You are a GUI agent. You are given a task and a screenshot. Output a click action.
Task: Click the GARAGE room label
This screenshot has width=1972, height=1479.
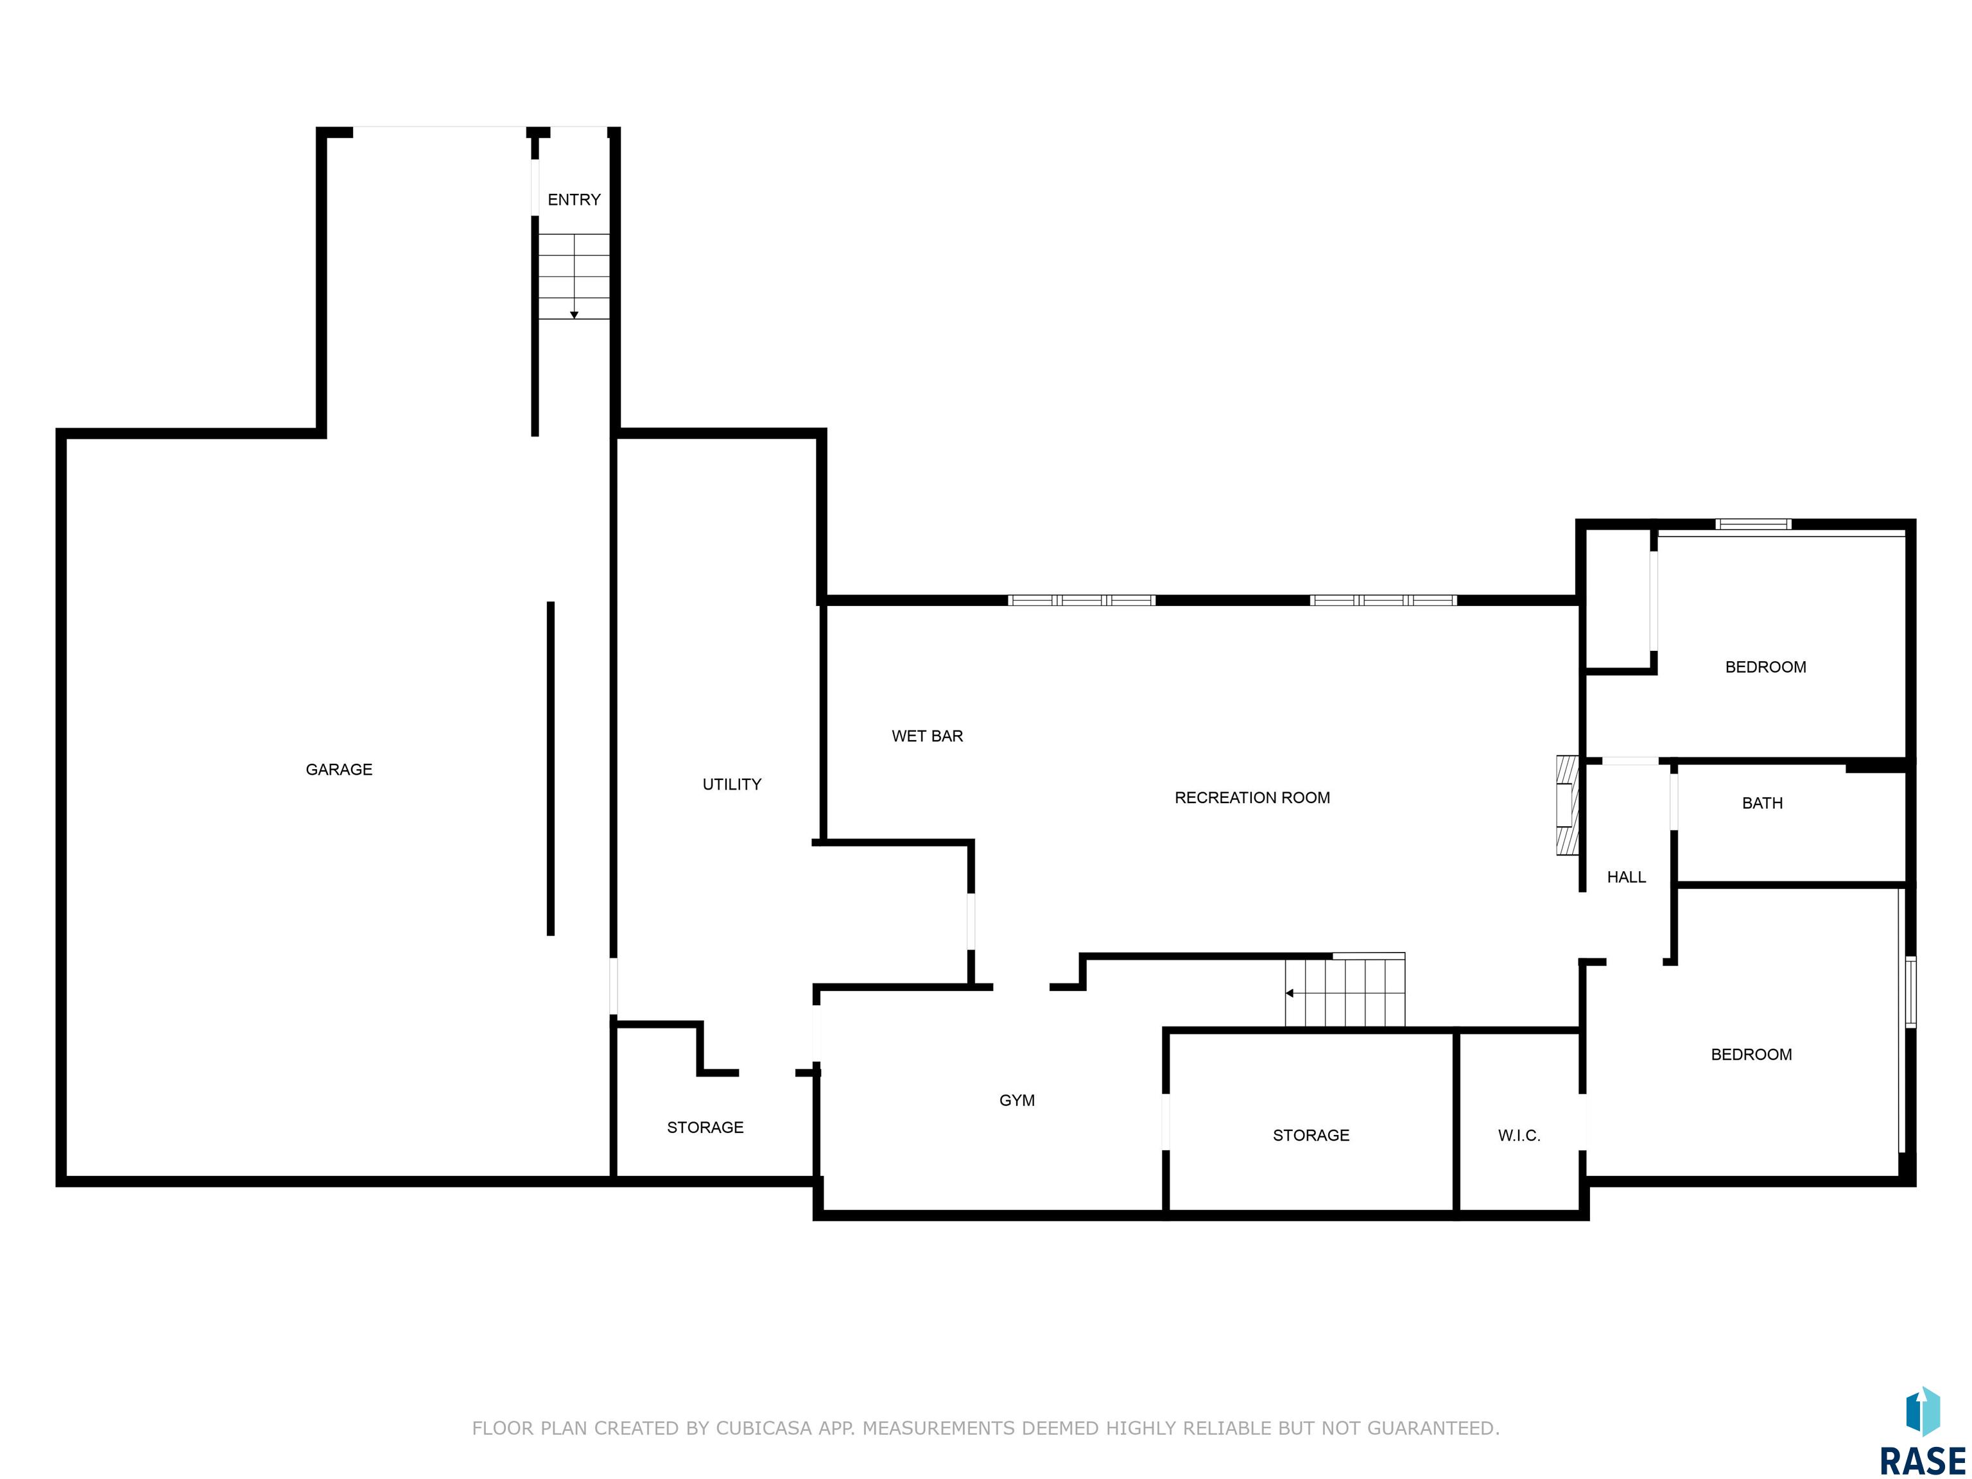339,770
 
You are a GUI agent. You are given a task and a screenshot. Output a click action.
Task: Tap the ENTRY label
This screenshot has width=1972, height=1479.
574,200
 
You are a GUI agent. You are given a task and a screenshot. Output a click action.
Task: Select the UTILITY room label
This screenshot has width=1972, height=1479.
732,784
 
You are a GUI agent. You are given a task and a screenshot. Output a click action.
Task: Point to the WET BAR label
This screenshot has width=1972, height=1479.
927,736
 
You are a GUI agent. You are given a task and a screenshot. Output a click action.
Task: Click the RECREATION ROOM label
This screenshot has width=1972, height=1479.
1252,798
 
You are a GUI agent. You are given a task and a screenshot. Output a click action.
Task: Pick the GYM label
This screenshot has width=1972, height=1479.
1017,1100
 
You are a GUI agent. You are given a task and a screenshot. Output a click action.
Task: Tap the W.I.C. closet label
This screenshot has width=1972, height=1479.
1519,1135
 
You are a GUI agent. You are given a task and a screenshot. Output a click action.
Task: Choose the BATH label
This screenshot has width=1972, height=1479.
1763,803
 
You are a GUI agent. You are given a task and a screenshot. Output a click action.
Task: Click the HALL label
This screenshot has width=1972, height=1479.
1626,878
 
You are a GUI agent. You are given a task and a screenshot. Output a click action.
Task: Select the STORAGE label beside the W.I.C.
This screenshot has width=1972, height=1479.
1311,1135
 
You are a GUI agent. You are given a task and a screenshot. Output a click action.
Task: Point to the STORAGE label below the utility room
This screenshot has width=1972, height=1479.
705,1128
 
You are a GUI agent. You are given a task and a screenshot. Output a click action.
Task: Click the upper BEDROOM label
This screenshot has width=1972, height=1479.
1765,667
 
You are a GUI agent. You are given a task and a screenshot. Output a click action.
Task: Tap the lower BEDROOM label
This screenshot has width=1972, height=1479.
1751,1055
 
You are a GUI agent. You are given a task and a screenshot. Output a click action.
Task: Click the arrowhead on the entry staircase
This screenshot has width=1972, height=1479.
574,315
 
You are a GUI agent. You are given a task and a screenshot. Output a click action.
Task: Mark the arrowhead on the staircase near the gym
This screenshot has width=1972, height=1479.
1289,993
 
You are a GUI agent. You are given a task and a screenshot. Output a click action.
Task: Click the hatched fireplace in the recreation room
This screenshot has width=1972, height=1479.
1567,806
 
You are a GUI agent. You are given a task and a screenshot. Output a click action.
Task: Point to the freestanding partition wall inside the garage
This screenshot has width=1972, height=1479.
551,768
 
